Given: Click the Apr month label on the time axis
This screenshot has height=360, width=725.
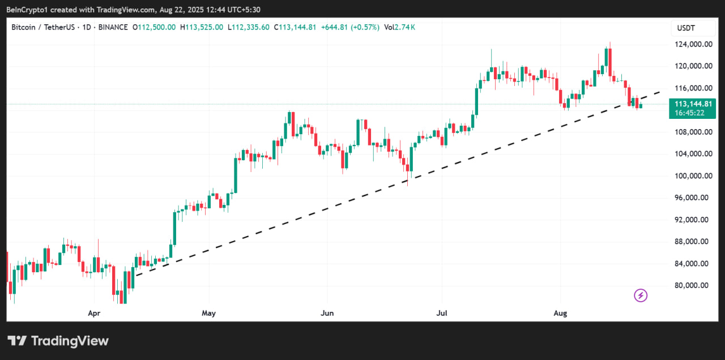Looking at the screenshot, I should pos(94,312).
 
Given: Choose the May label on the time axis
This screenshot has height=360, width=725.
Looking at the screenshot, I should pos(208,312).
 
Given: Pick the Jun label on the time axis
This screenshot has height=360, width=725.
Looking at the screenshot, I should pos(327,312).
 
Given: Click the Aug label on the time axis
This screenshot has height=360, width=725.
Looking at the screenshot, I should pos(560,312).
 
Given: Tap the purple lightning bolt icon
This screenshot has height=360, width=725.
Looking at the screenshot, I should pos(641,295).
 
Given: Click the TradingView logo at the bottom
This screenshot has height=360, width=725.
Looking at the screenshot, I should pos(58,341).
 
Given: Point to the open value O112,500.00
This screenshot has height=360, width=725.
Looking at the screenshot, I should pos(154,27).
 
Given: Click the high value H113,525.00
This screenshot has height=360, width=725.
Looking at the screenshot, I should pos(202,27).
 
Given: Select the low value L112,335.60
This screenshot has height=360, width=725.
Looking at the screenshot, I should pos(249,27).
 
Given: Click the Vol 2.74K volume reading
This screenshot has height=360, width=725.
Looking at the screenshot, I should pos(399,27).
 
